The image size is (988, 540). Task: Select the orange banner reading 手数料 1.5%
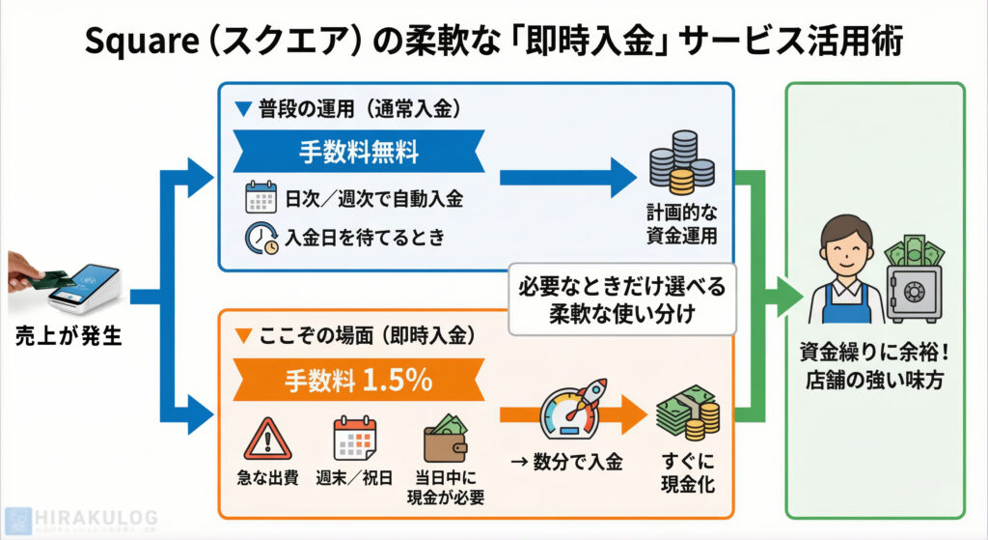coord(358,381)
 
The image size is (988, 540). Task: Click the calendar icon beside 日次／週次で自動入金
coord(261,199)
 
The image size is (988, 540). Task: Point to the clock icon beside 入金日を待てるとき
coord(261,238)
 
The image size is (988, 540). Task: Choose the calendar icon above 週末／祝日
coord(353,439)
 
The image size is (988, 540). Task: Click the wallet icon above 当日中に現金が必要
coord(446,440)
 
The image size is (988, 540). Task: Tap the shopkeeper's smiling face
coord(839,252)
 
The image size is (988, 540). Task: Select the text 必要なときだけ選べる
coord(621,287)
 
